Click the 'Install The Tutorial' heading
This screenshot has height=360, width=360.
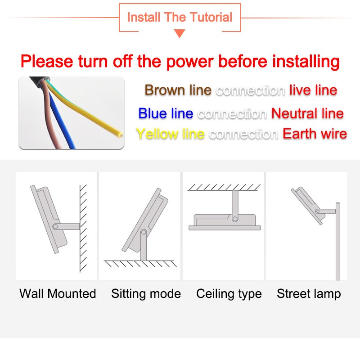[180, 17]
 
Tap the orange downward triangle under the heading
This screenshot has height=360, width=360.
[180, 33]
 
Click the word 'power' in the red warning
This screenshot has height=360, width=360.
[190, 62]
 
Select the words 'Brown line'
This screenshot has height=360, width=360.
[178, 90]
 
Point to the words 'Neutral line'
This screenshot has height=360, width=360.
[307, 113]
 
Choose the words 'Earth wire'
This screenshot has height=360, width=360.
[315, 134]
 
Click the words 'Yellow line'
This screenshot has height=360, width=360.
[170, 134]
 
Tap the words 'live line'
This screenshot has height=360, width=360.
[313, 90]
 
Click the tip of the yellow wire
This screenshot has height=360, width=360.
[120, 135]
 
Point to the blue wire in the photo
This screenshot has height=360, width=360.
[62, 121]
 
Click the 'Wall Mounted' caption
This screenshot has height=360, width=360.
[58, 293]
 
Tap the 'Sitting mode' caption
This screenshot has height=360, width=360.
[146, 294]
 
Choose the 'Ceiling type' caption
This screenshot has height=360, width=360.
[229, 294]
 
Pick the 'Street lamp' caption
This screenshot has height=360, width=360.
[309, 294]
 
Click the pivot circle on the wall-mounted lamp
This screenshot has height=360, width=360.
[55, 227]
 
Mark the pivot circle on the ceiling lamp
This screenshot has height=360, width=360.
[235, 219]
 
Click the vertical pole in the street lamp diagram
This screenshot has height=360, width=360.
[338, 241]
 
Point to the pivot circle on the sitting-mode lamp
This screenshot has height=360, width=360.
[144, 232]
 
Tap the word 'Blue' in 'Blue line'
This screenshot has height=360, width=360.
[153, 113]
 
